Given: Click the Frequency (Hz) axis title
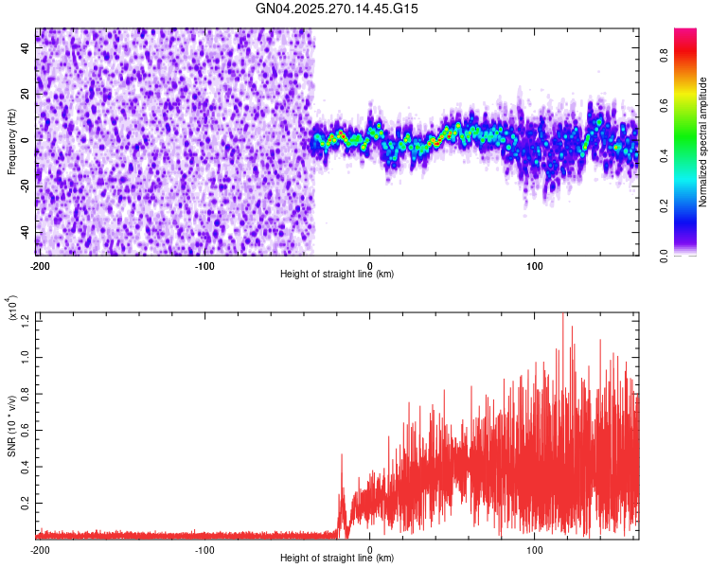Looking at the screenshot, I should (11, 141).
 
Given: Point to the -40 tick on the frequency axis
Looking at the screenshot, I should (24, 232).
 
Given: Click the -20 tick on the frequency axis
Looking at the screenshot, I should (24, 186).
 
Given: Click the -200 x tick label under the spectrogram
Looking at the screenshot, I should (39, 264).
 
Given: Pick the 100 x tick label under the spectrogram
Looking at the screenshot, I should (535, 264).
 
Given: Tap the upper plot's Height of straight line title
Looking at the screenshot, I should (337, 274).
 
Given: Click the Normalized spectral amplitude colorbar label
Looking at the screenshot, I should (703, 141).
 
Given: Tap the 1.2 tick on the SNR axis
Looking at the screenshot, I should (26, 320).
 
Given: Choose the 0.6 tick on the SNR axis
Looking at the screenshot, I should (26, 429).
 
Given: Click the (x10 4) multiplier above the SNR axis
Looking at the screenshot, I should (11, 311).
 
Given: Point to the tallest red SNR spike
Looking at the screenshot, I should (563, 316).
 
